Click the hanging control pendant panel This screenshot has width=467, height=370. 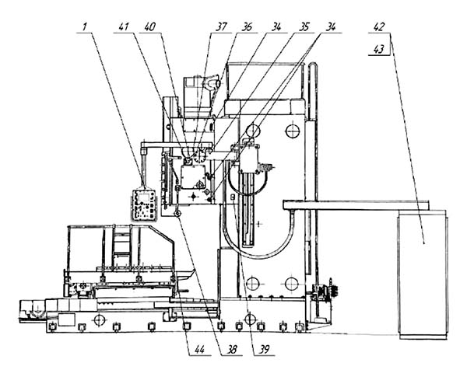point(143,205)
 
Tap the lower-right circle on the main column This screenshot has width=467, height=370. point(291,283)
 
